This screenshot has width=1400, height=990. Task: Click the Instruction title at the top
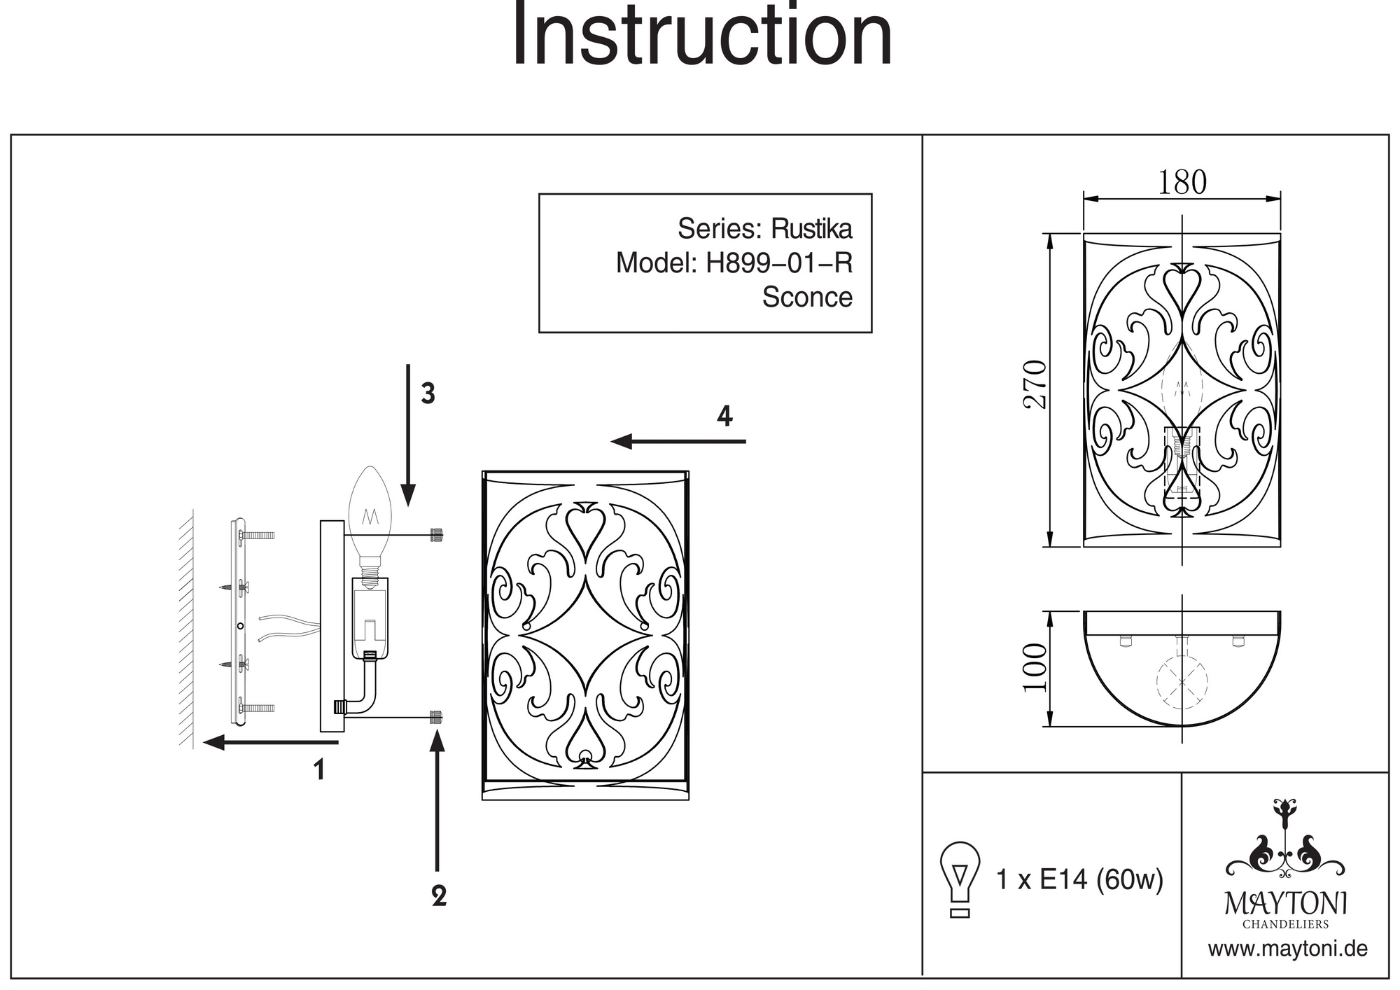click(702, 35)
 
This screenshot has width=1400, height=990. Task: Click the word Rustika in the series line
click(811, 229)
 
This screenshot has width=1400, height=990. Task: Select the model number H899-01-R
click(779, 263)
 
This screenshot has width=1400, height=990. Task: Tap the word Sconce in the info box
click(807, 297)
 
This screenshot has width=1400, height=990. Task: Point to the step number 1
click(319, 770)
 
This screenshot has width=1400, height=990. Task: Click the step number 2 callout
click(439, 896)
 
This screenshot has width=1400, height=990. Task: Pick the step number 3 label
click(428, 394)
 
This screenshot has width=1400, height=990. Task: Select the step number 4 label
click(724, 417)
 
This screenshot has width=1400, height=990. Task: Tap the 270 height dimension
click(1035, 384)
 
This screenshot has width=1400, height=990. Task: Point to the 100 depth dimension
click(1035, 667)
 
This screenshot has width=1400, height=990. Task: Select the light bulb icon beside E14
click(960, 879)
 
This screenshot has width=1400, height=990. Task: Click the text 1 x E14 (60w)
click(1079, 879)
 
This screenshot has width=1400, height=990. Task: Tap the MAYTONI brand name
click(1285, 904)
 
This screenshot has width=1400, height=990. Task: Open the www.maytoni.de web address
click(1287, 949)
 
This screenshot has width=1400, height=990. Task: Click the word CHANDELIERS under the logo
click(1285, 924)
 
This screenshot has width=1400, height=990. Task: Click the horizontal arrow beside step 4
click(678, 442)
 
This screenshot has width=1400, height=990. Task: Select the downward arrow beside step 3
click(409, 434)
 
